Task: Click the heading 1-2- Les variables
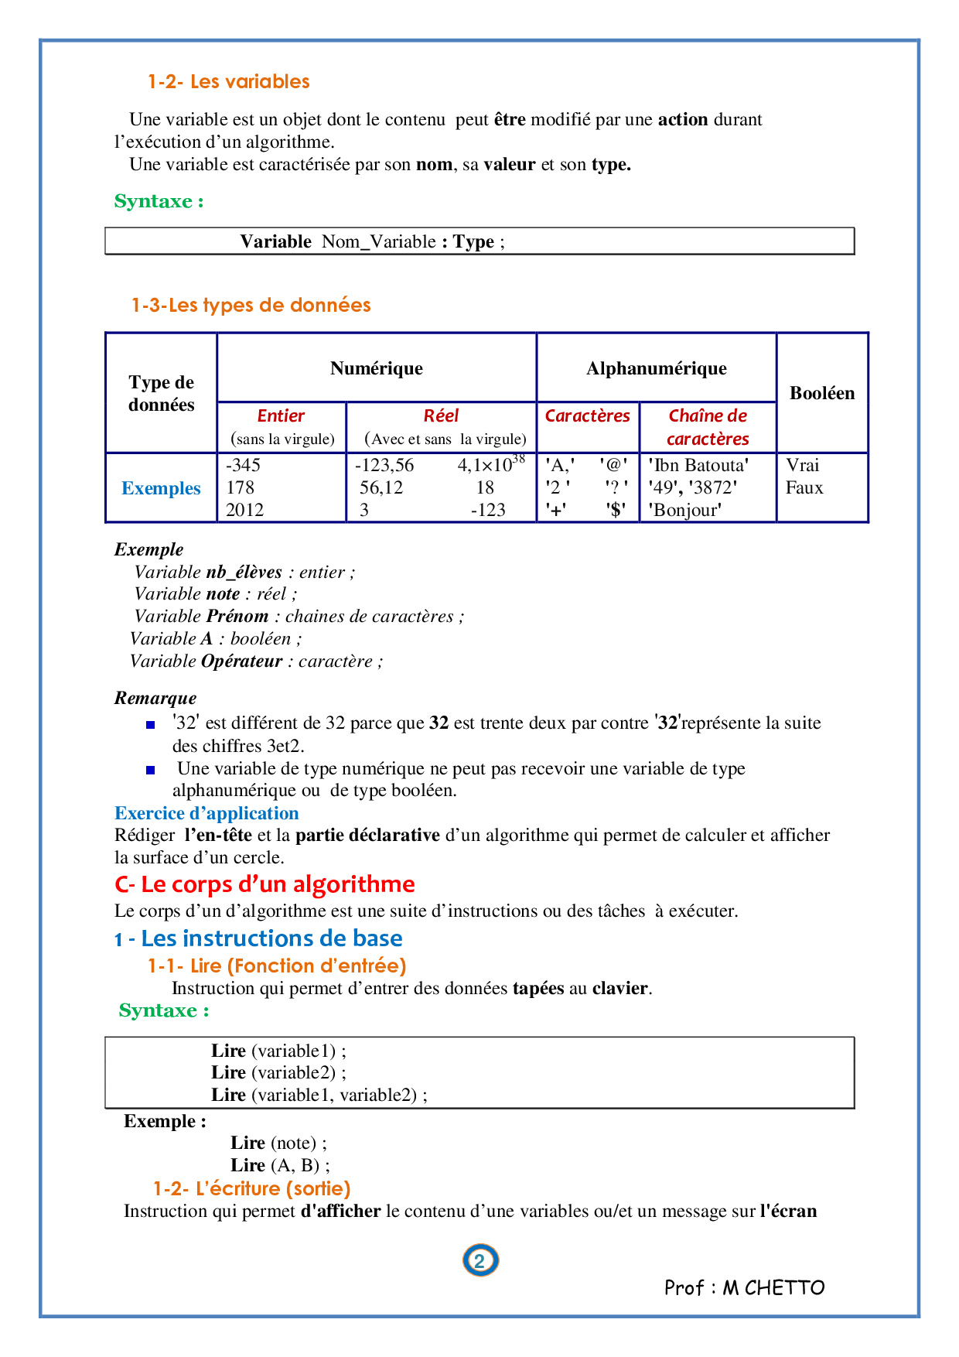tap(228, 82)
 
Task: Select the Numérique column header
tap(376, 368)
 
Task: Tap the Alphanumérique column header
tap(656, 368)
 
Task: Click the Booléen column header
tap(821, 393)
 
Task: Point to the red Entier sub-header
tap(281, 416)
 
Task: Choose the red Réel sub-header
tap(441, 416)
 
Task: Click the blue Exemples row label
tap(161, 488)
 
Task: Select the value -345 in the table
tap(243, 465)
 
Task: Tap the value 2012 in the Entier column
tap(244, 510)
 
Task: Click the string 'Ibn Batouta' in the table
tap(698, 465)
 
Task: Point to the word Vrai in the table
tap(802, 465)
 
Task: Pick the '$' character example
tap(616, 510)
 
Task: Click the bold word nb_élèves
tap(244, 573)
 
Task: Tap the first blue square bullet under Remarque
tap(151, 725)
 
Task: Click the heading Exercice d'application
tap(206, 813)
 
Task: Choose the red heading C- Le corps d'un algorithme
tap(264, 884)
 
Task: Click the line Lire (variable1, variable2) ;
tap(319, 1095)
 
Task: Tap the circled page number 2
tap(479, 1261)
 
